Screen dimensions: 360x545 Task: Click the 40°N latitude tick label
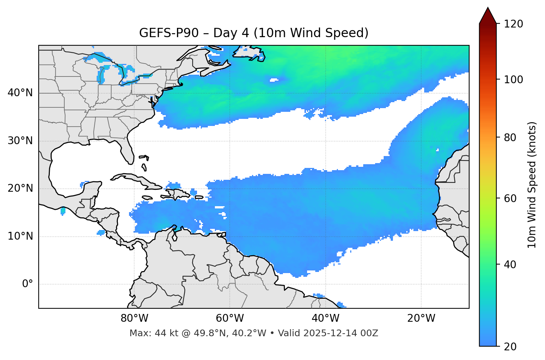(20, 93)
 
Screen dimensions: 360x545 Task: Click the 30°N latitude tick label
(20, 141)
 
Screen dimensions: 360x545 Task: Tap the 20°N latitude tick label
(20, 188)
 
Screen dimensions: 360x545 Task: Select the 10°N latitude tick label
(20, 236)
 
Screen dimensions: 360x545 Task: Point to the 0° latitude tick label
(28, 284)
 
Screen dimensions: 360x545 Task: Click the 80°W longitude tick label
(134, 318)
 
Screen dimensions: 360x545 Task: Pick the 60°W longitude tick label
(230, 318)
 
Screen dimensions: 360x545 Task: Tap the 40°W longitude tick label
(325, 318)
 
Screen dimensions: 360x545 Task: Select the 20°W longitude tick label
(421, 318)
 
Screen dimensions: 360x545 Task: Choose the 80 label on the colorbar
(510, 137)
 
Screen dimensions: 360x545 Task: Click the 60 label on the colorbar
(510, 198)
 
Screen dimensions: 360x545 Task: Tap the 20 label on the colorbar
(510, 347)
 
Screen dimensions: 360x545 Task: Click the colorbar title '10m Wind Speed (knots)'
(532, 185)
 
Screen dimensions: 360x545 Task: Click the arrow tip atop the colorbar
(488, 8)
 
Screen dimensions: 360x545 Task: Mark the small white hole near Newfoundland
(274, 80)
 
